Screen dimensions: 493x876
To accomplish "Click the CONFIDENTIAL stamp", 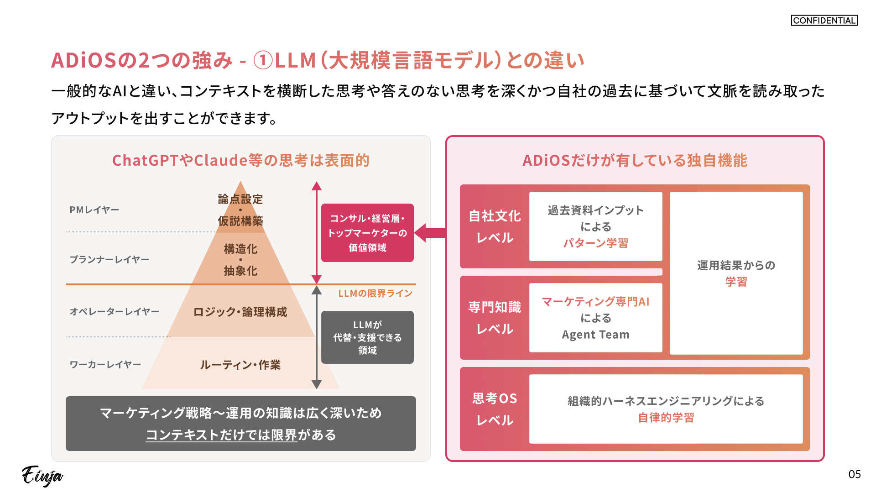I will (824, 21).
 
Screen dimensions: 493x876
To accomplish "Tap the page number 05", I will (855, 474).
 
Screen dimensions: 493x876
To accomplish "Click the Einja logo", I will (42, 476).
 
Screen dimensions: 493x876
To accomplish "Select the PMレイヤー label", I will (94, 210).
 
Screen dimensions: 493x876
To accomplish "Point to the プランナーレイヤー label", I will (109, 260).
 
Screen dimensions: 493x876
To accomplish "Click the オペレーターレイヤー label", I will (115, 312).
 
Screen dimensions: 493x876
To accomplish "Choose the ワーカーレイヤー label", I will (105, 365).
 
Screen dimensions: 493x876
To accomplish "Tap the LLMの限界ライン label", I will (375, 294).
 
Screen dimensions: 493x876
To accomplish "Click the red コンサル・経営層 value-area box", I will (367, 233).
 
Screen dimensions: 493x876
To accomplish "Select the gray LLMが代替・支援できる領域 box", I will (367, 337).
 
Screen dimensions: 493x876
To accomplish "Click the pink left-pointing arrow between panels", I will (430, 233).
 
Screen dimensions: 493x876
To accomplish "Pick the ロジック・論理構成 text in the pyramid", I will (240, 312).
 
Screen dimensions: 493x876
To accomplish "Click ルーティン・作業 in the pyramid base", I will (240, 365).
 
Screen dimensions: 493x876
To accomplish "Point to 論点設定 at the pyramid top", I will (240, 199).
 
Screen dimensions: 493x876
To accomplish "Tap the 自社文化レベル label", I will (495, 227).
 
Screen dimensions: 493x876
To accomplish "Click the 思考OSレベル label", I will (495, 409).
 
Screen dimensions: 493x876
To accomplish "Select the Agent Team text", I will (595, 335).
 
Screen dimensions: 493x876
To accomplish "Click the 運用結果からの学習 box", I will (736, 273).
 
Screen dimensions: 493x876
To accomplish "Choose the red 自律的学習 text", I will (666, 418).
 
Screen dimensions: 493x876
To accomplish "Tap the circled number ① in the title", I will (263, 61).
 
